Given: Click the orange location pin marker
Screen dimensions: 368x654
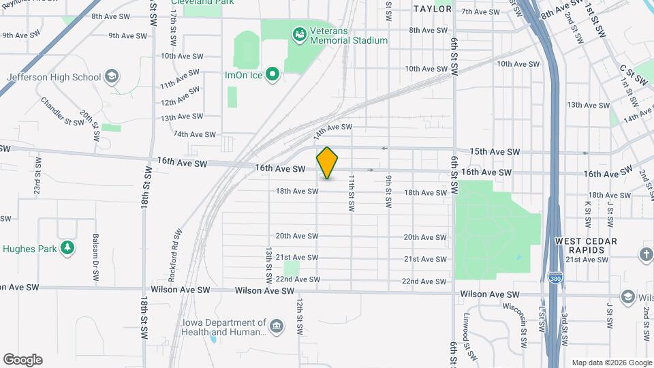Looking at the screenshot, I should [x=327, y=163].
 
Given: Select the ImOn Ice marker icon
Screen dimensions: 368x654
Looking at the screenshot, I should [x=272, y=74].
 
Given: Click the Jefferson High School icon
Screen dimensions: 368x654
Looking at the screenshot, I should [x=112, y=76].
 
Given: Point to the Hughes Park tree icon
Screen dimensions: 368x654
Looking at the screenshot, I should [x=67, y=248].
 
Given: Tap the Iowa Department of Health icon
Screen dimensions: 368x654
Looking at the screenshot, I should [x=276, y=327].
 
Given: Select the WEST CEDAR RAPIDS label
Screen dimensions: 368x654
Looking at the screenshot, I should [x=586, y=245].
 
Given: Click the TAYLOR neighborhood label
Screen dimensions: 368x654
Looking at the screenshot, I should [x=433, y=9].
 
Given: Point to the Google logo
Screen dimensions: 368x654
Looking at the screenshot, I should [x=22, y=360].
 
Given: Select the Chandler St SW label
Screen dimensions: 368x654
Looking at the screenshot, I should [x=62, y=113].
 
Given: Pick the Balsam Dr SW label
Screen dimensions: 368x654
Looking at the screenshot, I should [x=96, y=259].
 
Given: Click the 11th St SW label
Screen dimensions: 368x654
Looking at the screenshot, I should [x=352, y=193].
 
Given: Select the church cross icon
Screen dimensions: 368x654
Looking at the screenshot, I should [x=646, y=254].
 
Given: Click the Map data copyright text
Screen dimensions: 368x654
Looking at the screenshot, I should [x=611, y=363].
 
